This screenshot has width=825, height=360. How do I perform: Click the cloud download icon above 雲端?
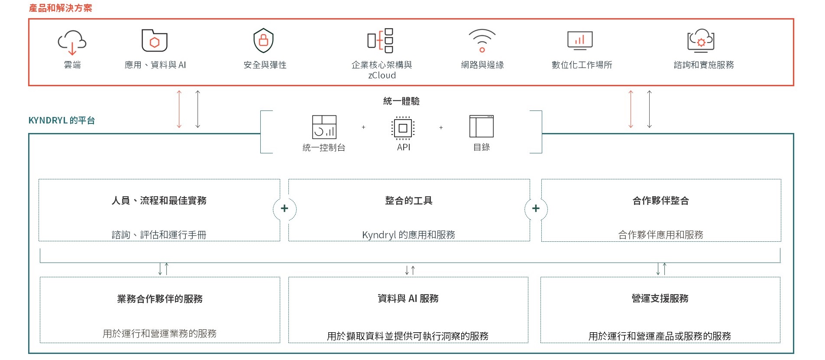pos(72,42)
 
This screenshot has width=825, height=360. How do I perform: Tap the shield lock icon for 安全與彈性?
pos(263,40)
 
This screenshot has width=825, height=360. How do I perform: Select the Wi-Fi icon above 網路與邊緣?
pos(482,40)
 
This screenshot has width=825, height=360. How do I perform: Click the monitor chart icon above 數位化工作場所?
pos(580,40)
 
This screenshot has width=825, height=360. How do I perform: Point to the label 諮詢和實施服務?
pos(704,65)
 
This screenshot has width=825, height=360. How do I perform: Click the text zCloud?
pos(382,75)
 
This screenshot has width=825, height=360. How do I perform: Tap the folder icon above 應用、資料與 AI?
pos(155,41)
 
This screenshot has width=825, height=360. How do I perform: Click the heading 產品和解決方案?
pos(61,8)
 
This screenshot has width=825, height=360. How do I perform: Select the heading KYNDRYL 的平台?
pos(61,120)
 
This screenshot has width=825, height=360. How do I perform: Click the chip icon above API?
pos(403,128)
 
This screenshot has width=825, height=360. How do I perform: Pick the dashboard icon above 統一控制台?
pos(324,127)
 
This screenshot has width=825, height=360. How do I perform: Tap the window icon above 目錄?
pos(482,126)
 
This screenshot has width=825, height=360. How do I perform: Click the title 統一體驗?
pos(401,101)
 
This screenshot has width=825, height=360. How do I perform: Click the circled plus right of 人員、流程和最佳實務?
pos(285,209)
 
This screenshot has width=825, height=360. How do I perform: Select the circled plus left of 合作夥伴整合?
pos(536,209)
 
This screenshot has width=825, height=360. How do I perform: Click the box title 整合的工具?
pos(409,201)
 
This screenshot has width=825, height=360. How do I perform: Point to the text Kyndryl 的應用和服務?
pos(409,235)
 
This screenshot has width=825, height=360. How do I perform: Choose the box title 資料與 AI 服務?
pos(408,298)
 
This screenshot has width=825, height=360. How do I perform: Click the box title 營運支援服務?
pos(660,298)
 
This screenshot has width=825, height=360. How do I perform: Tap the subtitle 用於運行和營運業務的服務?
pos(159,334)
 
